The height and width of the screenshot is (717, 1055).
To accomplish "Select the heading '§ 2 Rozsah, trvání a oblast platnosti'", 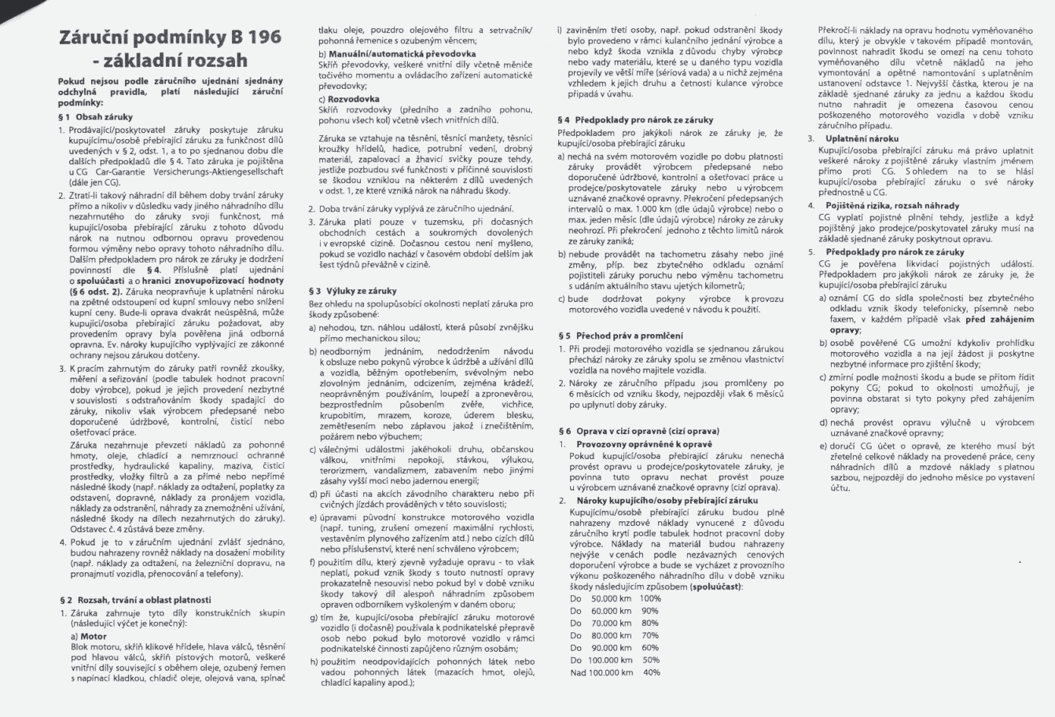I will (x=134, y=599).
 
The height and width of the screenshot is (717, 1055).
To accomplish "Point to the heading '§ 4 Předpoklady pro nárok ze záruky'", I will (x=634, y=120).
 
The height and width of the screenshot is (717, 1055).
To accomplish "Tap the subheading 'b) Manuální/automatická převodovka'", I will (x=384, y=51).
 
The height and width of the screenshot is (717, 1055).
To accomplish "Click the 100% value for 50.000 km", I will (x=649, y=598).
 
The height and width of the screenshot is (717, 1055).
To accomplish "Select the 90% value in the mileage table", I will (x=649, y=610).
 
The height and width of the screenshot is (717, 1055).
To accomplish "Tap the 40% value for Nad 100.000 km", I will (x=651, y=672).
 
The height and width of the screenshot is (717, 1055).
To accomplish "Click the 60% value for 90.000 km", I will (x=649, y=648).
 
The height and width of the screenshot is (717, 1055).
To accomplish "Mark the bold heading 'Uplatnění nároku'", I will (x=862, y=138).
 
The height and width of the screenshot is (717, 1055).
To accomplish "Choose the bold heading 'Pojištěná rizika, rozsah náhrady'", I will (x=884, y=205).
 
